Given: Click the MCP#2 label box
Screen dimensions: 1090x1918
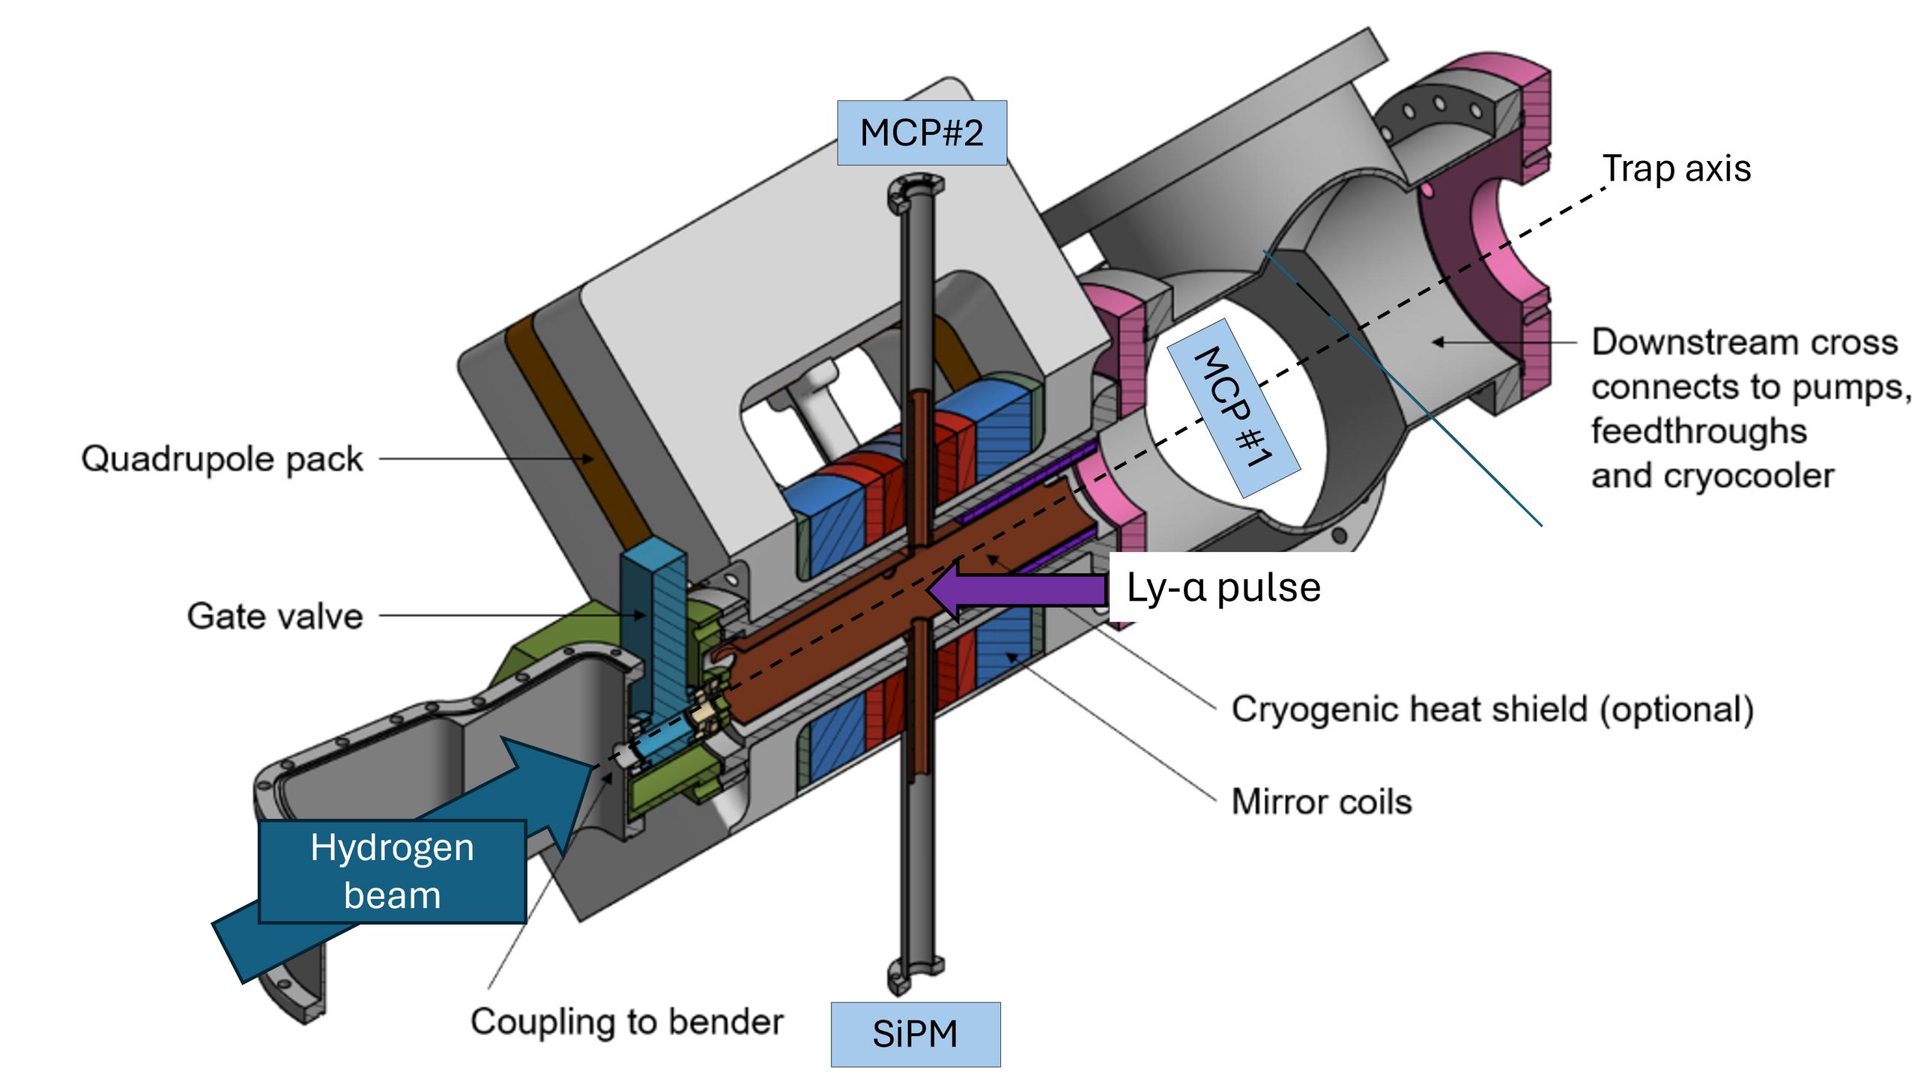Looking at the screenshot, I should click(922, 133).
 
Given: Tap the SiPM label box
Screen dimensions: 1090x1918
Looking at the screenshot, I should click(915, 1035).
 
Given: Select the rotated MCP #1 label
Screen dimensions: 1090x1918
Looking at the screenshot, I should click(1233, 408).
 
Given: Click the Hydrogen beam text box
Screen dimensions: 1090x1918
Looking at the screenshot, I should click(393, 871).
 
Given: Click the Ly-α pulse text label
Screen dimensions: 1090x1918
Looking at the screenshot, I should click(1223, 587).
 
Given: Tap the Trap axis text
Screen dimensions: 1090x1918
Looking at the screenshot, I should click(1676, 169).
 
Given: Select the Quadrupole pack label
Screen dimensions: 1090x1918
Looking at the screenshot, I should click(222, 458).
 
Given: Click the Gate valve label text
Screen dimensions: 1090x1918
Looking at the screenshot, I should click(274, 617).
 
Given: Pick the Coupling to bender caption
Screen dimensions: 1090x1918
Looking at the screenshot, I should click(626, 1022).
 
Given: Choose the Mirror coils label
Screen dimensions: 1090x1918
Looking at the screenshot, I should click(1322, 802).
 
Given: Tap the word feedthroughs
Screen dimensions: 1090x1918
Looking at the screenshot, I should click(1698, 432).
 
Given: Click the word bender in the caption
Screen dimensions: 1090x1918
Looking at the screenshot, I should click(725, 1022).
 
